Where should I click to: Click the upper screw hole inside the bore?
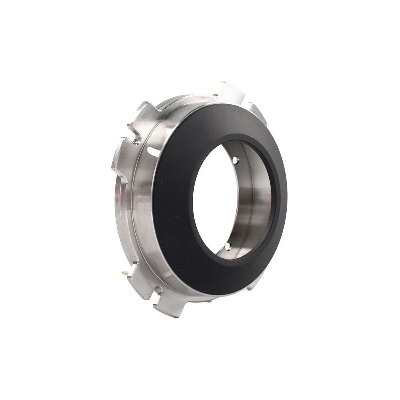236,160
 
